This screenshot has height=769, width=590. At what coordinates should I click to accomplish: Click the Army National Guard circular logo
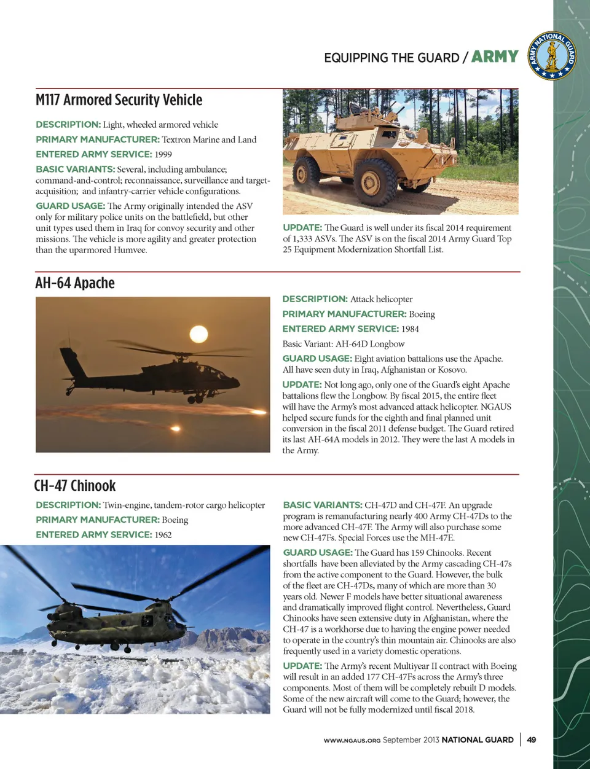552,56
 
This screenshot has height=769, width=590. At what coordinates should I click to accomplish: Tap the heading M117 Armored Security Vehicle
119,100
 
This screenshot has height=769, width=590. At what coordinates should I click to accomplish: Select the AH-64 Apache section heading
75,283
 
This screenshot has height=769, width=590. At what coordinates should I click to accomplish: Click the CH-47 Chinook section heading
75,486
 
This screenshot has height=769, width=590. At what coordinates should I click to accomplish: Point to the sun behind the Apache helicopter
199,334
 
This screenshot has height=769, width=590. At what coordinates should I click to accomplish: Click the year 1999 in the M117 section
163,154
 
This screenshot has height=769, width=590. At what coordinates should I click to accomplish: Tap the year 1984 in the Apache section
410,329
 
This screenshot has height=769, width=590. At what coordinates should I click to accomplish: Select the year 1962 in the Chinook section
163,534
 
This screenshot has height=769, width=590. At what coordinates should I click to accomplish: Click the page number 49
532,740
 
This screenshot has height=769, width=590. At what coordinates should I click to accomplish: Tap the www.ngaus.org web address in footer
352,740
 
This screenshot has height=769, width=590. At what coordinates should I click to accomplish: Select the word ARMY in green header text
495,57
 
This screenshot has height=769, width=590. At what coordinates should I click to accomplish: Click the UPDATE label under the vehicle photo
302,227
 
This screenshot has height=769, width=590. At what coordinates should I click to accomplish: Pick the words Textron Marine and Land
209,139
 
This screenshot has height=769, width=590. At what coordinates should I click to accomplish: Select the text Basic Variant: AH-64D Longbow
344,344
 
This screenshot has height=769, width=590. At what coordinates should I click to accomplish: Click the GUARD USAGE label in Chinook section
317,552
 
